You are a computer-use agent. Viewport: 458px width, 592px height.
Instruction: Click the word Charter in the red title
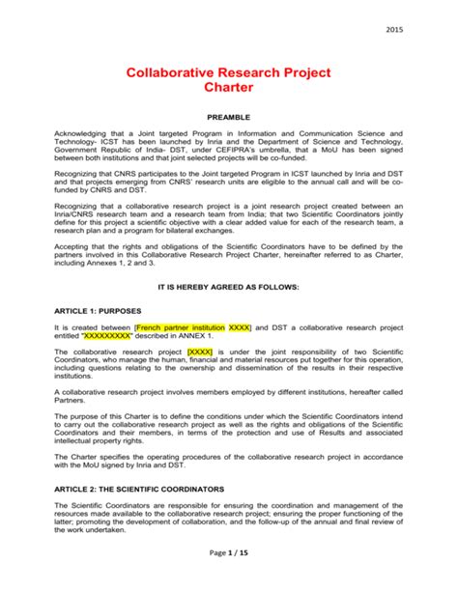(229, 87)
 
